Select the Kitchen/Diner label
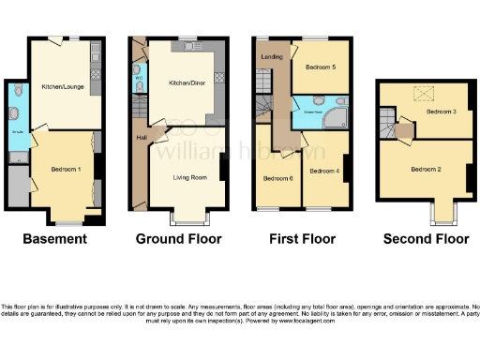(x=185, y=82)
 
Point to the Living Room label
(x=188, y=175)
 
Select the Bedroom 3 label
(x=441, y=112)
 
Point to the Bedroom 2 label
(x=427, y=170)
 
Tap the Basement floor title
(x=54, y=239)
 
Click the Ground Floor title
(x=180, y=239)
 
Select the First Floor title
(x=301, y=239)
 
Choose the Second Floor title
(x=426, y=239)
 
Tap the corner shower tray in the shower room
(x=331, y=116)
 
